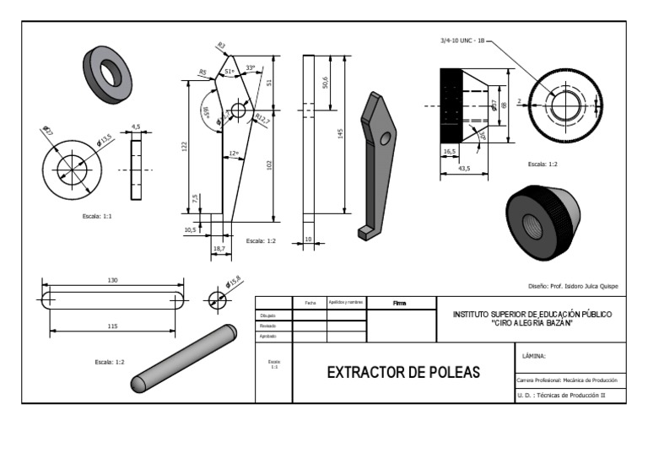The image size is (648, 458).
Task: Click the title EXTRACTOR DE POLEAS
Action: tap(402, 372)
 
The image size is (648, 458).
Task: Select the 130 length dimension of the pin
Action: tap(112, 279)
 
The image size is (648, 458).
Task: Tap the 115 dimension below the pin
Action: tap(111, 326)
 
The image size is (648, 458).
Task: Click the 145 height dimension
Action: tap(341, 135)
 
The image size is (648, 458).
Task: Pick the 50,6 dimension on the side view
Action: tap(326, 82)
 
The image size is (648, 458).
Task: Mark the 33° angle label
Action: tap(250, 67)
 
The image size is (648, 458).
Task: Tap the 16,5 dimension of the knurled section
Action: tap(449, 151)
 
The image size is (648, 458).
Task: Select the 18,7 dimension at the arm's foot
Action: tap(219, 250)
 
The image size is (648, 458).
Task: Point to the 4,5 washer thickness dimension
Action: tap(136, 127)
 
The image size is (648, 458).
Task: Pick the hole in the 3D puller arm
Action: tap(386, 138)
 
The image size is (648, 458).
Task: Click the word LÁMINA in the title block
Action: tap(535, 356)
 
